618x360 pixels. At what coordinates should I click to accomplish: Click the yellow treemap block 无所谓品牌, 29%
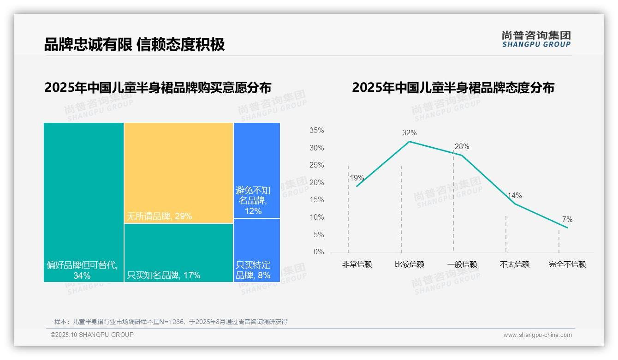click(178, 173)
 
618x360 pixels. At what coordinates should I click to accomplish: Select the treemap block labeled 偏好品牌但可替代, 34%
click(83, 202)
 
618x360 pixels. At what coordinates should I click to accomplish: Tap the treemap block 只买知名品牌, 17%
click(178, 252)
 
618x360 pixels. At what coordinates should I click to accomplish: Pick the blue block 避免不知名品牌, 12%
click(256, 170)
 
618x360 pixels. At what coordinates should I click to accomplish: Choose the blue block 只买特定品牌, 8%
click(256, 250)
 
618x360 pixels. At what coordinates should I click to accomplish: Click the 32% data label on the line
click(409, 133)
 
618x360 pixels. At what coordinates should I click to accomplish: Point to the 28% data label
click(462, 147)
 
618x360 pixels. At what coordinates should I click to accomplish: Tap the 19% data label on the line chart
click(357, 178)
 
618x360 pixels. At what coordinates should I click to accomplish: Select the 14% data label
click(514, 196)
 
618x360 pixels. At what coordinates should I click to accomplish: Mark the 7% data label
click(567, 220)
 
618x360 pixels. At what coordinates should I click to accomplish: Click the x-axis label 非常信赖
click(357, 264)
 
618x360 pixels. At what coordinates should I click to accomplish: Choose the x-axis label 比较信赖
click(409, 264)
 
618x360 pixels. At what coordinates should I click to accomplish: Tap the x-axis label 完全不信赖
click(567, 264)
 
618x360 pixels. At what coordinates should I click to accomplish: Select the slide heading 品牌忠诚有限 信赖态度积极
click(134, 44)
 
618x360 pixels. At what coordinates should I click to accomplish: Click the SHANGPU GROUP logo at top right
click(536, 39)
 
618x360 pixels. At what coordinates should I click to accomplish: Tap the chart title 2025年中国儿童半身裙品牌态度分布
click(453, 88)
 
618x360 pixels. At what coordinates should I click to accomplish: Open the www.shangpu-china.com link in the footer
click(537, 335)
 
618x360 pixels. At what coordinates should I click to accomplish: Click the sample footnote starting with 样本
click(171, 322)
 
